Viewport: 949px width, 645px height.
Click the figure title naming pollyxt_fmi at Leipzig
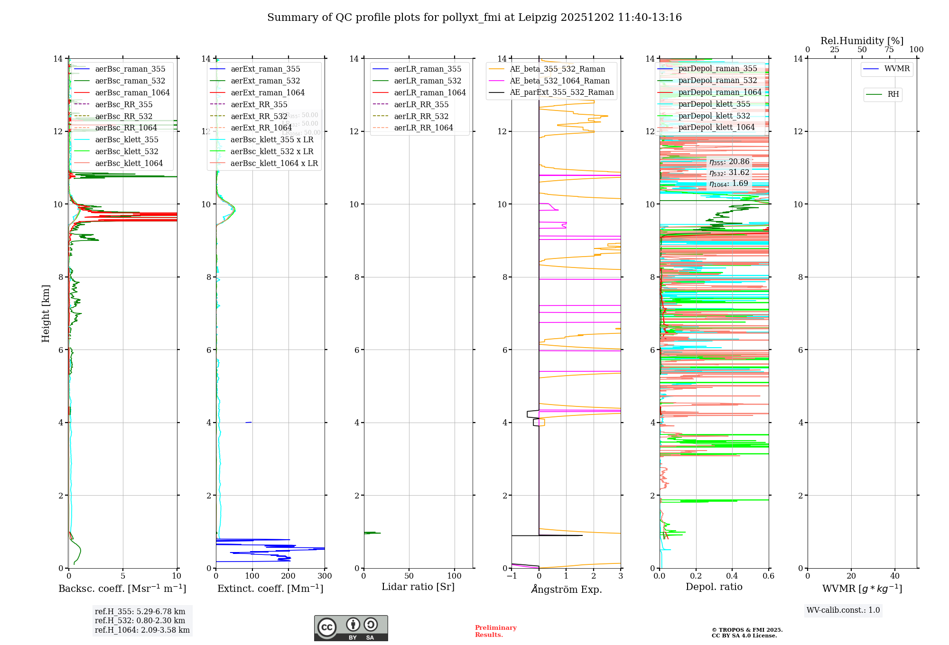(474, 18)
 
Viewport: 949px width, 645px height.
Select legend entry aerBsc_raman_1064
(132, 92)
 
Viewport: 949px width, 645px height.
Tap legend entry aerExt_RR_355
(259, 104)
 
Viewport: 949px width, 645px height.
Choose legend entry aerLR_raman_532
(427, 81)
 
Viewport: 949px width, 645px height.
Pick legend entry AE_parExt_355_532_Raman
(561, 92)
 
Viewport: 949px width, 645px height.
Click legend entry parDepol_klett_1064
(716, 127)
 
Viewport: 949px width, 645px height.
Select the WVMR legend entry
(897, 69)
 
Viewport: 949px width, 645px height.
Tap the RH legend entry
(893, 94)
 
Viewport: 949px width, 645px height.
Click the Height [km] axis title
(46, 313)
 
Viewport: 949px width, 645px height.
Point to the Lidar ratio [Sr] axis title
(418, 587)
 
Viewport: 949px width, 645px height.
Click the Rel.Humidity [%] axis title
(862, 41)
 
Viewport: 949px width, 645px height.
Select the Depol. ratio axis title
(714, 587)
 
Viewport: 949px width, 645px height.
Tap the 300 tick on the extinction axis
(325, 576)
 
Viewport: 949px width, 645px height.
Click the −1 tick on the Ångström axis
(512, 576)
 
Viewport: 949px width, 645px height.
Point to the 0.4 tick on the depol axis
(732, 576)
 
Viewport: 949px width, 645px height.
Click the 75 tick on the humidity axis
(889, 50)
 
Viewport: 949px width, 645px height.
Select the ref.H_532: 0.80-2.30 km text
(140, 620)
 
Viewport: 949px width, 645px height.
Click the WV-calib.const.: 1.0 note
(843, 610)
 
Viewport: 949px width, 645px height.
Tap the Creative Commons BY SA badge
(351, 628)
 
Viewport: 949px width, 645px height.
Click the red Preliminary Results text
(495, 631)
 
